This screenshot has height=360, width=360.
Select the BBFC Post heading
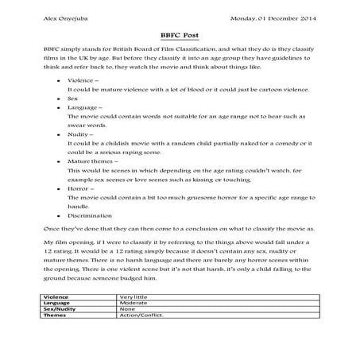coord(180,35)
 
